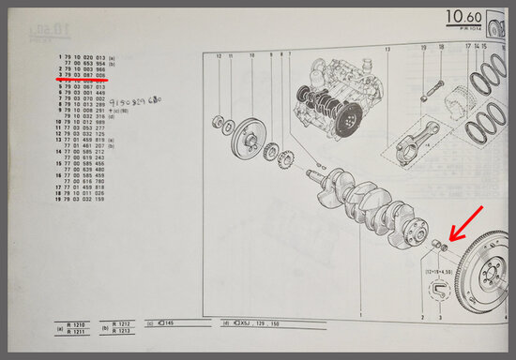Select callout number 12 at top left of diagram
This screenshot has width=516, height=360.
pyautogui.click(x=219, y=56)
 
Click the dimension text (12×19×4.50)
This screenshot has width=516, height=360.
pyautogui.click(x=436, y=271)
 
